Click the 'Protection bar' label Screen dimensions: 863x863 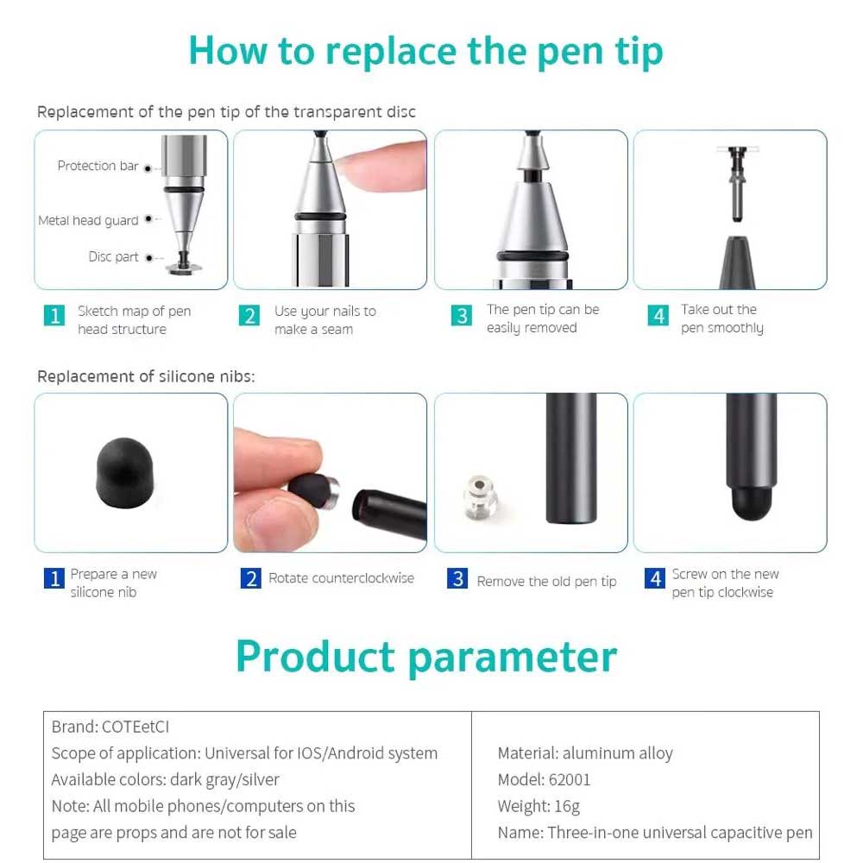tap(98, 166)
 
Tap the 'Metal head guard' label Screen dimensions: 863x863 tap(88, 221)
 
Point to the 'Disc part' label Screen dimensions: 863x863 tap(113, 257)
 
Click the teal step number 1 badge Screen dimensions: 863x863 tap(54, 315)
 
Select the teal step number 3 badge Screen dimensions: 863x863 tap(461, 315)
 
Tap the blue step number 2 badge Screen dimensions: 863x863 tap(251, 578)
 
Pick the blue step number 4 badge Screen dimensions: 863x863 tap(655, 578)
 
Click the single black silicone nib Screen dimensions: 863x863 tap(124, 473)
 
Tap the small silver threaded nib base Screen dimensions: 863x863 tap(479, 496)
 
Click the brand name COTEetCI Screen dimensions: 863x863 tap(135, 727)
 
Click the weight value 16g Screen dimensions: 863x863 tap(567, 806)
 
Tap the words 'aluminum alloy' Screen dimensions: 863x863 tap(618, 753)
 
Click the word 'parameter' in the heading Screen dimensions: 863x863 tap(513, 657)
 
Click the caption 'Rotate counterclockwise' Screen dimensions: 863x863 tap(341, 578)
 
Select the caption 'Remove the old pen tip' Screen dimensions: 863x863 tap(546, 582)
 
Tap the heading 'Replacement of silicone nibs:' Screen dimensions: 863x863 tap(146, 376)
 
